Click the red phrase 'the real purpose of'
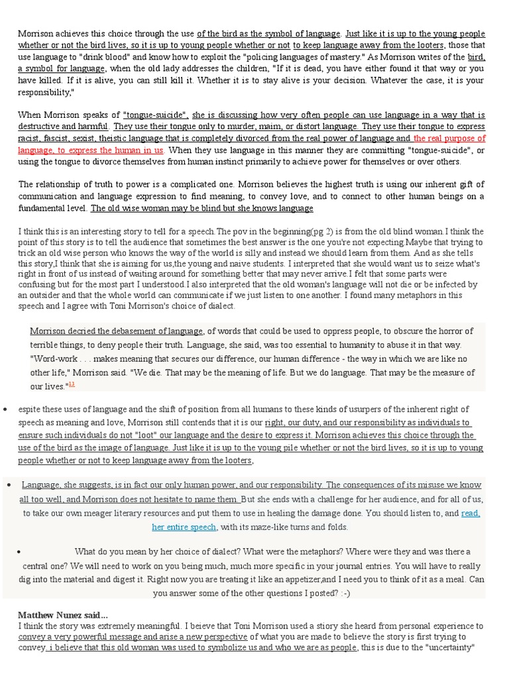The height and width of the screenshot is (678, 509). pyautogui.click(x=449, y=138)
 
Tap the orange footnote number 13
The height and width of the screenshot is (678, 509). pyautogui.click(x=72, y=384)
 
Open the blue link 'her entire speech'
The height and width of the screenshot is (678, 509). pyautogui.click(x=184, y=527)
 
